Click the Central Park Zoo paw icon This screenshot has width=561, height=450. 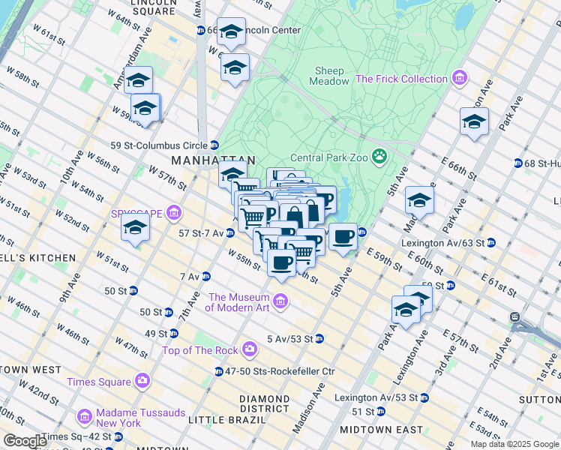(380, 157)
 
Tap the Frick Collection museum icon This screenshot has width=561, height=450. (460, 79)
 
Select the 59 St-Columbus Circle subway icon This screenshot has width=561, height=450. (214, 145)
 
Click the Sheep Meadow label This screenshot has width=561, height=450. (329, 76)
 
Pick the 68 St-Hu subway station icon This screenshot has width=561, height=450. (518, 163)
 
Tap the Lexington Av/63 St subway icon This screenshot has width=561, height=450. (490, 243)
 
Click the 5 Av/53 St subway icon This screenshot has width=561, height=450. (319, 338)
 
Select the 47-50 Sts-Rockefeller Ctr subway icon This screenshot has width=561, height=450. (218, 371)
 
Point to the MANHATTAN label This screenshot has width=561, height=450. (213, 160)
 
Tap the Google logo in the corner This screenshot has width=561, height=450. (25, 440)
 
